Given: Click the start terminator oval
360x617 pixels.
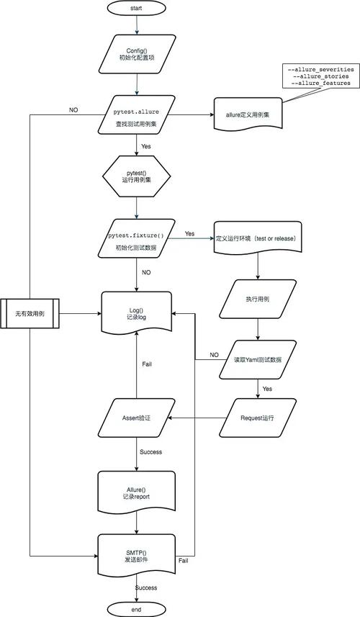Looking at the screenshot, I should point(136,8).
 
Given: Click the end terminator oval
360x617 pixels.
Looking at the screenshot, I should point(136,608).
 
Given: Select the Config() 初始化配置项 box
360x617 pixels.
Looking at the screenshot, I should point(136,55).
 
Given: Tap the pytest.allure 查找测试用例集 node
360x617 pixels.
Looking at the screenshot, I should point(136,114).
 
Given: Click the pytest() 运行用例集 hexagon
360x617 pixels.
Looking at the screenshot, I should point(136,177).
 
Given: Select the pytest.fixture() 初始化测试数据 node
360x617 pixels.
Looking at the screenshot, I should point(136,240).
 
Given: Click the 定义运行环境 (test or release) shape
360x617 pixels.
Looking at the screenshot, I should point(256,238).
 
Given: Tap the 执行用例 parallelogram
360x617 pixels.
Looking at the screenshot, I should point(258,297).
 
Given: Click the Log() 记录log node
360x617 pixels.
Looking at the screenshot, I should point(136,312).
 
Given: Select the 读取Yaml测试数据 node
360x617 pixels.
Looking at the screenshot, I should point(258,359).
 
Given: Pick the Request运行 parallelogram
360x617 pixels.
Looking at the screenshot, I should point(258,417).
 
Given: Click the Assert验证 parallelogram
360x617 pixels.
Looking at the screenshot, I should point(136,417).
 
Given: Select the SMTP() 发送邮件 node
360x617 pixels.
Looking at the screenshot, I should point(136,554).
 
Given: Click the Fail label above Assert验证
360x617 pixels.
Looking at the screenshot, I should point(146,364).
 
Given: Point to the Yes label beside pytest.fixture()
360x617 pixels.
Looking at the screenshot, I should point(189,234).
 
